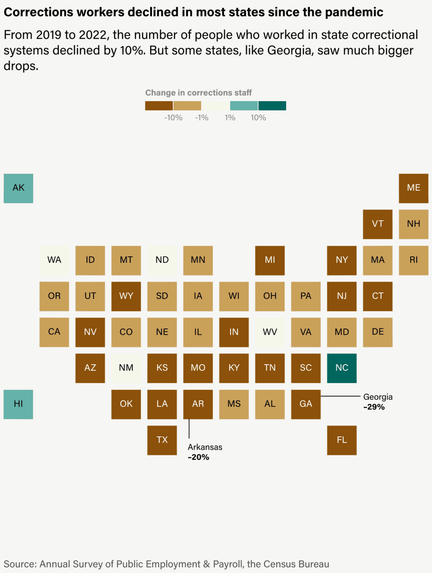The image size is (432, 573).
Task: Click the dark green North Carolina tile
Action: tap(342, 368)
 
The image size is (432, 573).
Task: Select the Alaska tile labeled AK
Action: tap(18, 188)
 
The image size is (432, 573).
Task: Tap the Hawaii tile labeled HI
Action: tap(18, 404)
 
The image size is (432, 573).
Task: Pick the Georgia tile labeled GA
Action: tap(306, 404)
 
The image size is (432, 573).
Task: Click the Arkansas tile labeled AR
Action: tap(198, 404)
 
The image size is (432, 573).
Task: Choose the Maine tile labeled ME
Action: tap(413, 188)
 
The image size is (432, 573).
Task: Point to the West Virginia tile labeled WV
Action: tap(270, 332)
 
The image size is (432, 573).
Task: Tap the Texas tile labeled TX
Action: tap(162, 440)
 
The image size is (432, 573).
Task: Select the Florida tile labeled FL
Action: tap(342, 440)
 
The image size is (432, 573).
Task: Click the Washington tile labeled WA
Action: tap(54, 260)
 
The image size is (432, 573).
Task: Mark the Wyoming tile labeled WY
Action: tap(126, 296)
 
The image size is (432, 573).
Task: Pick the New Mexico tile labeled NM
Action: tap(126, 368)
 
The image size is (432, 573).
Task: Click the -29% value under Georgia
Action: tap(374, 407)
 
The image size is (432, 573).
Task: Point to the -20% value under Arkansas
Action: tap(198, 457)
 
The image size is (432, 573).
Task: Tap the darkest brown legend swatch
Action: tap(159, 105)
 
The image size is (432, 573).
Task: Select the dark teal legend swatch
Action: tap(272, 105)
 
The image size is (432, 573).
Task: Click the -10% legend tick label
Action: tap(173, 118)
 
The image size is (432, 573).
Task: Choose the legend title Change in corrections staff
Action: tap(198, 93)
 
